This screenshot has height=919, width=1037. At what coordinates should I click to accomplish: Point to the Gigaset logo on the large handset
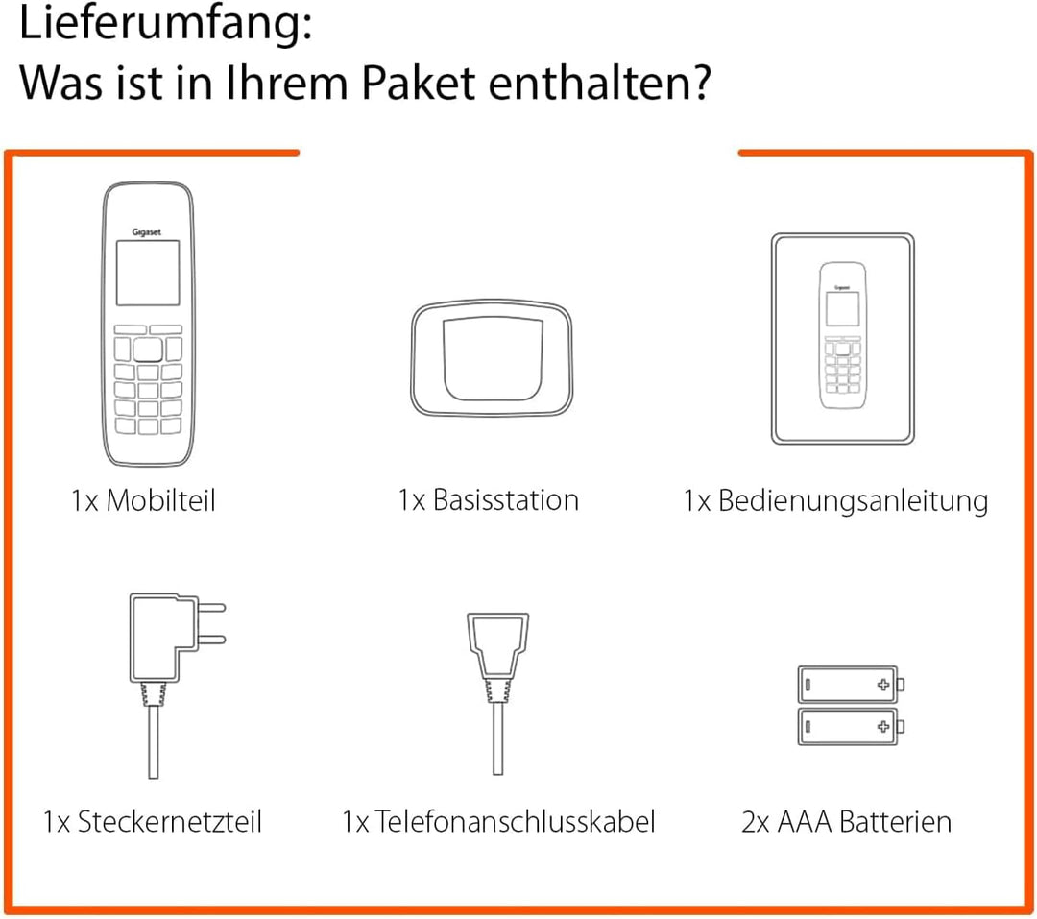click(x=147, y=231)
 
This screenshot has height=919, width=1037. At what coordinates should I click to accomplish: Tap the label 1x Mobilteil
click(x=143, y=500)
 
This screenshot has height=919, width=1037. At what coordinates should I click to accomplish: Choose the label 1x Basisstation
click(x=489, y=500)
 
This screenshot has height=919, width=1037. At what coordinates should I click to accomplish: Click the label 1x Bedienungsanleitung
click(x=835, y=500)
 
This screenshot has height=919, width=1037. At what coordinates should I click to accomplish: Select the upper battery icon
click(x=851, y=686)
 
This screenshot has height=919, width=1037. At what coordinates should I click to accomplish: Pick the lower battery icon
click(x=851, y=726)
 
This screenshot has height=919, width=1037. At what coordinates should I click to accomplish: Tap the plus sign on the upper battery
click(x=883, y=686)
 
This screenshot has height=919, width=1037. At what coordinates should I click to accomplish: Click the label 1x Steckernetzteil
click(x=153, y=822)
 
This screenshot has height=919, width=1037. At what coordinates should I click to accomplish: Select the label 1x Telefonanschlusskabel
click(x=498, y=822)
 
